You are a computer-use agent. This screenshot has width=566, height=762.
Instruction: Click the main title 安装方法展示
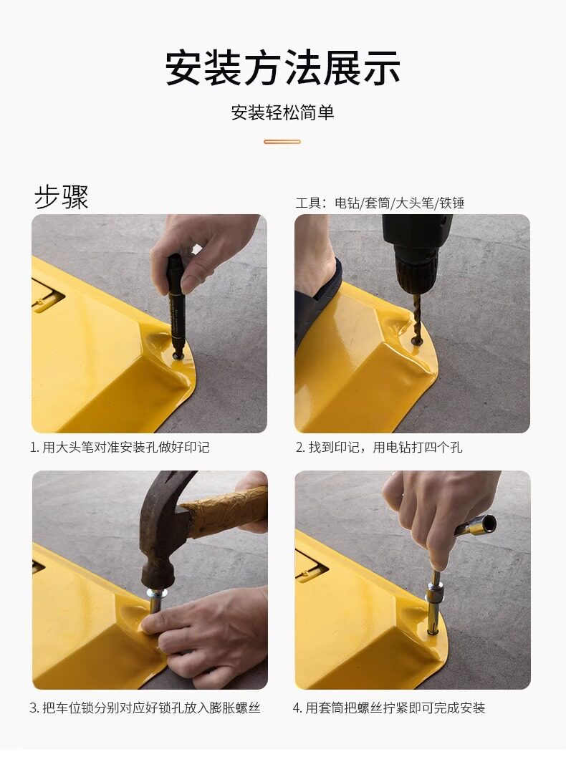(x=283, y=68)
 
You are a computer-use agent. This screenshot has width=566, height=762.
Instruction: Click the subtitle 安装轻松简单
(x=283, y=112)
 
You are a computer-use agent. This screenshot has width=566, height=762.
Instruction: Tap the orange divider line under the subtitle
(x=282, y=142)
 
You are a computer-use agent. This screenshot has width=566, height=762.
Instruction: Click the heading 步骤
(x=62, y=198)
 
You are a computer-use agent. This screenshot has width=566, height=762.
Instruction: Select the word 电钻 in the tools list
(x=347, y=203)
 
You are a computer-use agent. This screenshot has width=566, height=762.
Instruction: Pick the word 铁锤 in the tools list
(x=452, y=203)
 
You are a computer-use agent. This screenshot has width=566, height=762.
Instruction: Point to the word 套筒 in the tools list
(x=378, y=203)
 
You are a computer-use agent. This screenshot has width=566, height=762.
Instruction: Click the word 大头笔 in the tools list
(x=415, y=203)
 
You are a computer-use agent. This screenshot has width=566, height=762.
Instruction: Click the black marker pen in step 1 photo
(x=176, y=307)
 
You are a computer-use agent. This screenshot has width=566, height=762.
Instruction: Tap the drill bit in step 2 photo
(x=415, y=317)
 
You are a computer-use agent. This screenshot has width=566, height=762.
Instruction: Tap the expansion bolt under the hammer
(x=155, y=605)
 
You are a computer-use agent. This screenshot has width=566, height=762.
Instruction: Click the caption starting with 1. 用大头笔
(x=120, y=447)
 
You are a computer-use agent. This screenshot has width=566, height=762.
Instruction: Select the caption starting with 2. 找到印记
(x=379, y=447)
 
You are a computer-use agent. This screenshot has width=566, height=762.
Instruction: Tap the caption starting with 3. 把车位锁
(x=145, y=708)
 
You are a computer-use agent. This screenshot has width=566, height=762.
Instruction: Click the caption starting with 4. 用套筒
(x=389, y=708)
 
